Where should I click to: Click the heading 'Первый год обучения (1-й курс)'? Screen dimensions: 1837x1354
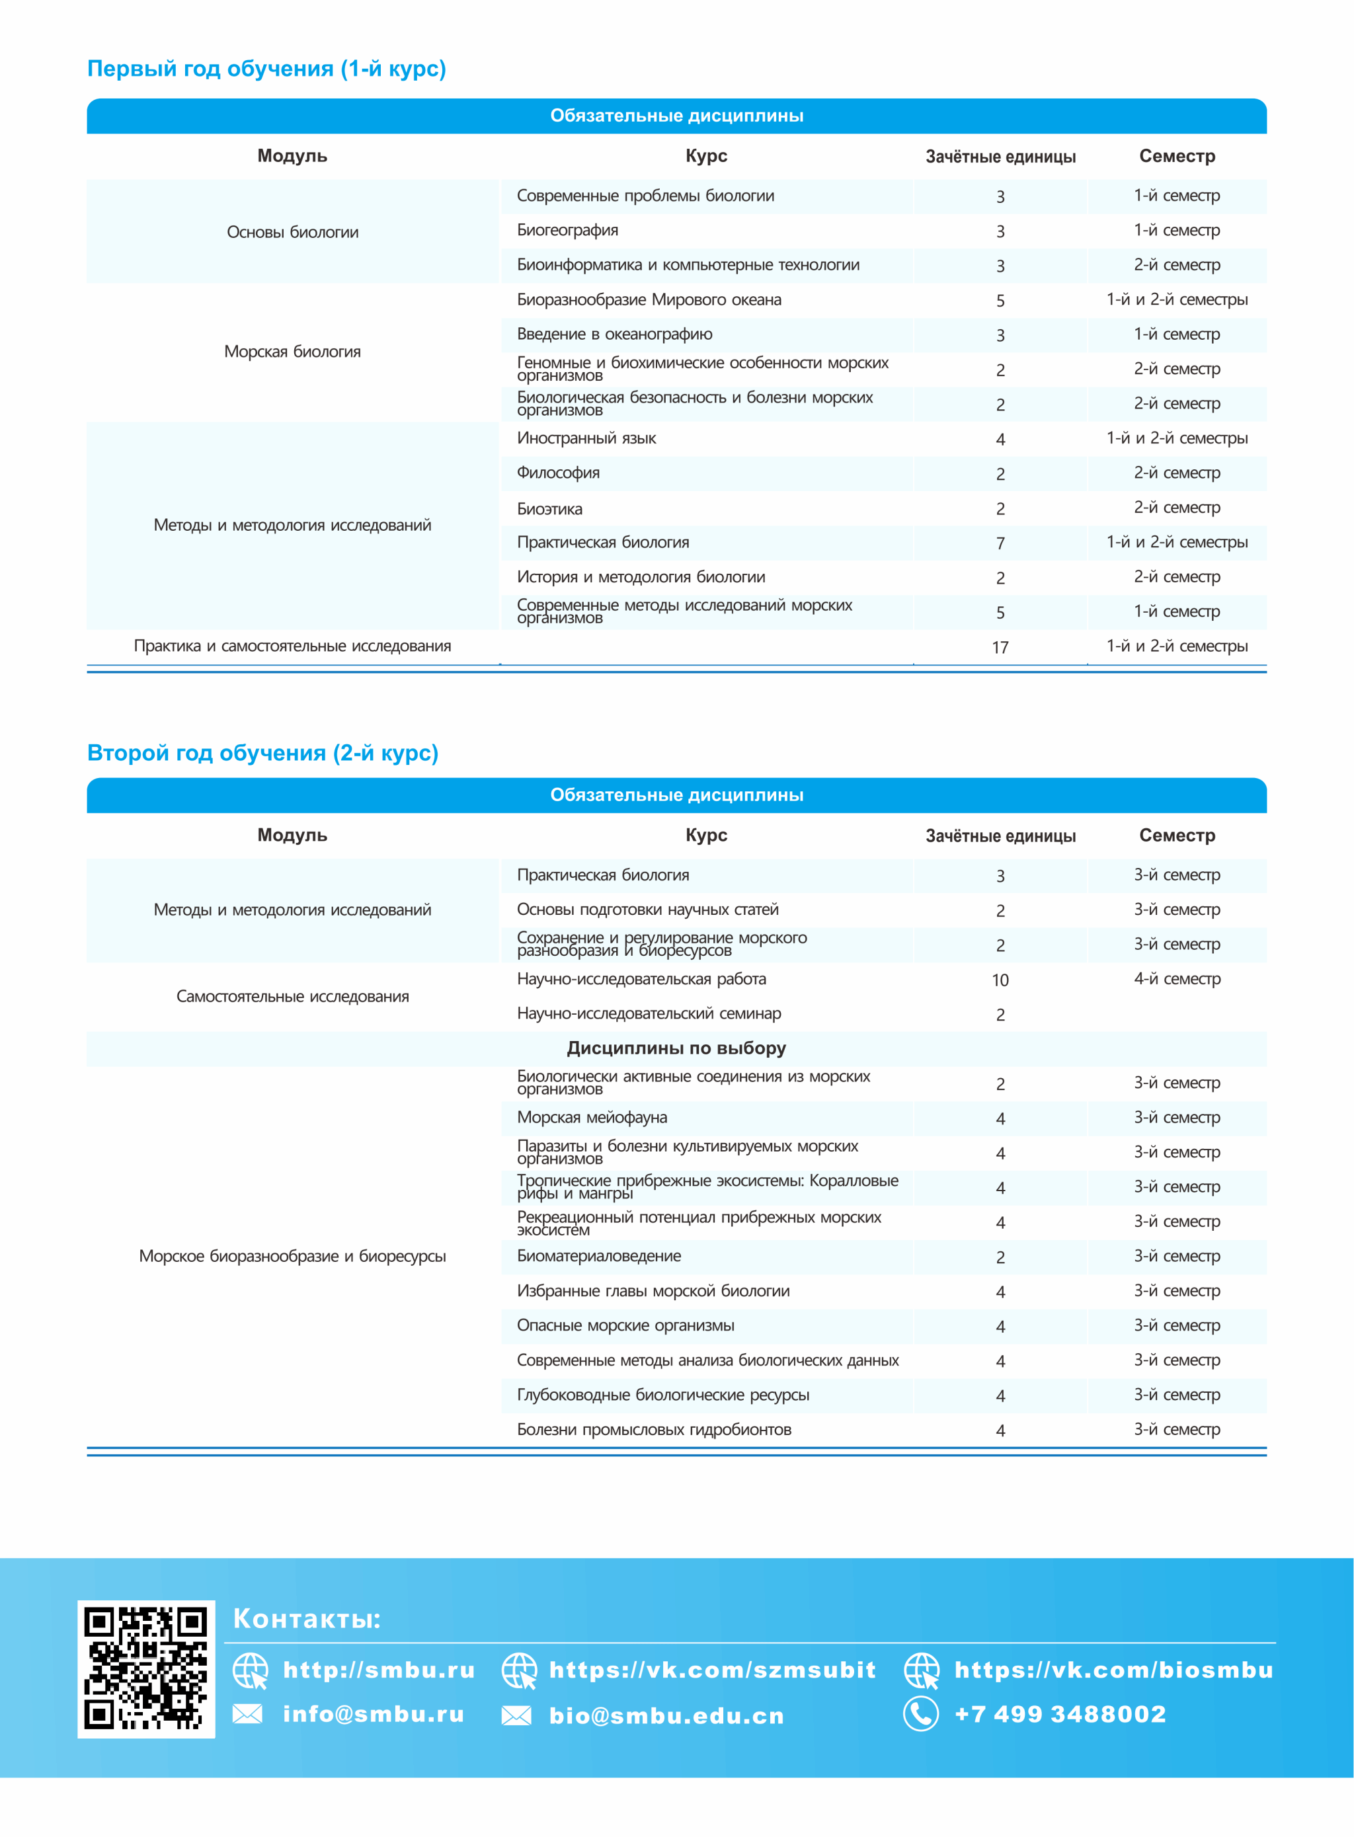pos(266,69)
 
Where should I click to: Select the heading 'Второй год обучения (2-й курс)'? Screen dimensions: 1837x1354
pos(262,753)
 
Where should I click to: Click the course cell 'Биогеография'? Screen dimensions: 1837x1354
pos(567,230)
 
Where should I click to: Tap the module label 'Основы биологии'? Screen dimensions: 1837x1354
pos(293,232)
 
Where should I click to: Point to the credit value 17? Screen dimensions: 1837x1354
pos(1000,647)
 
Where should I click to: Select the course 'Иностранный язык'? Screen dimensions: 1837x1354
pos(586,438)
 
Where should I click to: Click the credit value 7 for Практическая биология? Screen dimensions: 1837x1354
pos(1000,543)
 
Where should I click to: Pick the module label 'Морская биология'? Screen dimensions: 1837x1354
pos(293,352)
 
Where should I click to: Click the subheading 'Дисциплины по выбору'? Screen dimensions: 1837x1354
pos(676,1048)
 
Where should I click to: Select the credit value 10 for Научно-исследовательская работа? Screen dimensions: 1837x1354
pos(1000,980)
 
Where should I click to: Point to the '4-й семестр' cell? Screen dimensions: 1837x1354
pos(1177,978)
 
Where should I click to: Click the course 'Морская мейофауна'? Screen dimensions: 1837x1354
pos(592,1118)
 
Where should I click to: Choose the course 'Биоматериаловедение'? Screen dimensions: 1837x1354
pos(598,1256)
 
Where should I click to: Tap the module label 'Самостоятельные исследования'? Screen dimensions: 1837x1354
pos(293,996)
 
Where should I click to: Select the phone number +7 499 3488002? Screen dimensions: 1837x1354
pos(1060,1713)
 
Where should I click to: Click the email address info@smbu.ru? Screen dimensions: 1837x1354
pos(373,1713)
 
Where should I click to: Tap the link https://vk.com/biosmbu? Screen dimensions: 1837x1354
pos(1113,1670)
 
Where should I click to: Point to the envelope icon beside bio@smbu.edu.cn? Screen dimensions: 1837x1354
pos(516,1715)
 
